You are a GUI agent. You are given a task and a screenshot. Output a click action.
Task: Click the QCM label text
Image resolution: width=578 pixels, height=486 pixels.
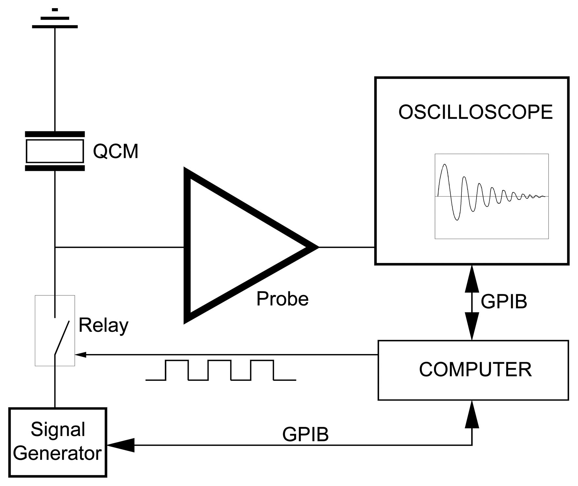click(116, 151)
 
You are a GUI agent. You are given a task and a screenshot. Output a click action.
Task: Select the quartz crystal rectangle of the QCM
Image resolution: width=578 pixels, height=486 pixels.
click(55, 151)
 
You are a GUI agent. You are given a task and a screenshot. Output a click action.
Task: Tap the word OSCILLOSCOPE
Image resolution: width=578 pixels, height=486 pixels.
click(475, 112)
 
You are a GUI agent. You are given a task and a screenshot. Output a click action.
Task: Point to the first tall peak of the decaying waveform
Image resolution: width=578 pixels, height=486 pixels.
click(444, 167)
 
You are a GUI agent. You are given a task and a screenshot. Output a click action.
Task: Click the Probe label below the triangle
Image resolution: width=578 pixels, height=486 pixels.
click(282, 299)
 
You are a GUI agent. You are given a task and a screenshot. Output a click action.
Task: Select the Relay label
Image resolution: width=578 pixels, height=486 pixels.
click(104, 325)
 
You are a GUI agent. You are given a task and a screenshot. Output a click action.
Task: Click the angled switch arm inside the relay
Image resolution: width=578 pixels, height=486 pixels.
click(62, 338)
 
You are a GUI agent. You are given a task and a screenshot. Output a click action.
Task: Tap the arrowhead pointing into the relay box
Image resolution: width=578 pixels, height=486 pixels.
click(80, 354)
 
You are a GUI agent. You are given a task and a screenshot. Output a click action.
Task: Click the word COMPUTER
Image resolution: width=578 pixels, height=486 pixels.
click(475, 370)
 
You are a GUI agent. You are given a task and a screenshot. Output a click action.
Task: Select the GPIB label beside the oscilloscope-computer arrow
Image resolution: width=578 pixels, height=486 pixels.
click(504, 301)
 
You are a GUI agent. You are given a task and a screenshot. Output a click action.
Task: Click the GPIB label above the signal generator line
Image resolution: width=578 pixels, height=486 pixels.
click(305, 434)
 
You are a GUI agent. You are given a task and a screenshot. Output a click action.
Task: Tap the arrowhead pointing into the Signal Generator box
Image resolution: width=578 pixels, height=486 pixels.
click(121, 445)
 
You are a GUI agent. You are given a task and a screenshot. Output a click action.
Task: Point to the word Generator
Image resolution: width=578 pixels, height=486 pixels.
click(57, 453)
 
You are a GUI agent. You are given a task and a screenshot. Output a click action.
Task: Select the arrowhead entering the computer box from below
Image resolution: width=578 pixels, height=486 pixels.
click(472, 415)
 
